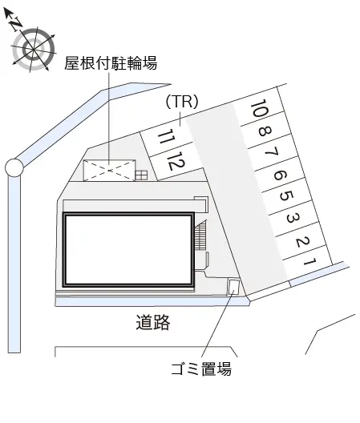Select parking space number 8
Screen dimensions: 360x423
265,131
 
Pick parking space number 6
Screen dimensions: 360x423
279,175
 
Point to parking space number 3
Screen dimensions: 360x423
293,218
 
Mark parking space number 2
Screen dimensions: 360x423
302,241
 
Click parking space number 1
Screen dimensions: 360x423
309,261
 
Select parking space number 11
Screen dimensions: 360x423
166,136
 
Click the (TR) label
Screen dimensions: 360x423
182,102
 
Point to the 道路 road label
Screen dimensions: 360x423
153,322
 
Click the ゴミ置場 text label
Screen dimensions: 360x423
201,369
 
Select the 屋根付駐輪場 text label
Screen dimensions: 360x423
111,63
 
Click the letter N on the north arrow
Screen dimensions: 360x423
16,24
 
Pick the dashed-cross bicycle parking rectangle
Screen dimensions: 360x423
109,171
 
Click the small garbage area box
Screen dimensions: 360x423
233,288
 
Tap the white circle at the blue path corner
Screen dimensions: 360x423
14,167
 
